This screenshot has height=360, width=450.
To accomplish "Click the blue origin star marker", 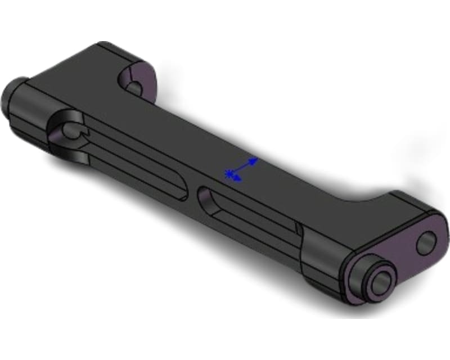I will click(229, 174).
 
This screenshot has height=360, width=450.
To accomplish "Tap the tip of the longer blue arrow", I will click(256, 159).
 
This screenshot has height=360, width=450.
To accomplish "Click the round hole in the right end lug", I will click(426, 242).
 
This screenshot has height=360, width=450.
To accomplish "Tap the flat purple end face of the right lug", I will click(405, 253).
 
